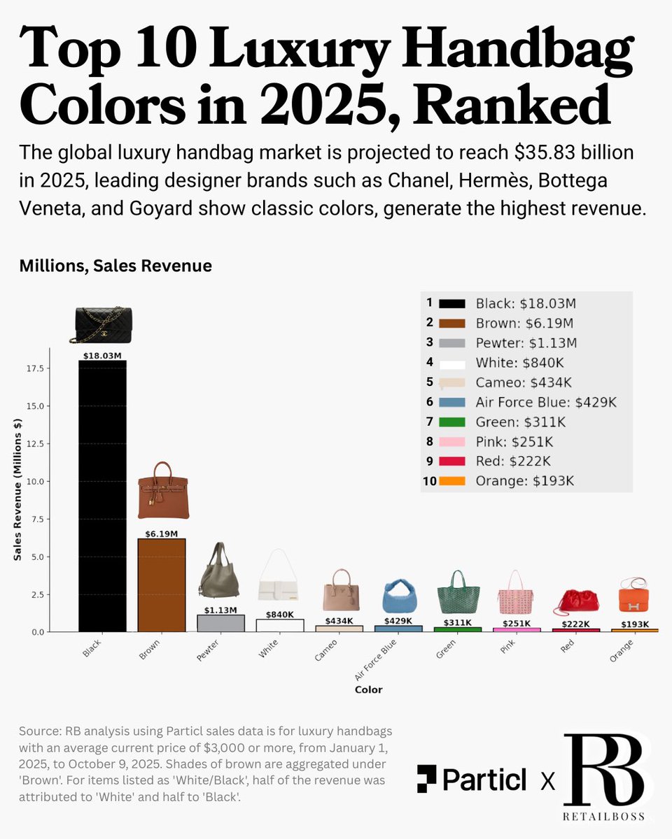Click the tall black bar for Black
point(102,496)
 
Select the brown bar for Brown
point(162,585)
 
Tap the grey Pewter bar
point(221,623)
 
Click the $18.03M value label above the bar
point(102,355)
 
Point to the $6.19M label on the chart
point(162,533)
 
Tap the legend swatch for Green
point(451,422)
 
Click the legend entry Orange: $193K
point(526,481)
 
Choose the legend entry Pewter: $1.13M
point(524,343)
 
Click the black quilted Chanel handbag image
point(103,324)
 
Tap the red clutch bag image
point(577,601)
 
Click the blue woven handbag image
point(400,596)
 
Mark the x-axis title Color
point(368,689)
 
